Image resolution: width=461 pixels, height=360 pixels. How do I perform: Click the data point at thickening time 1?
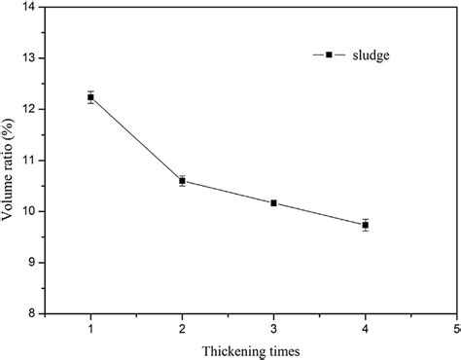tap(90, 97)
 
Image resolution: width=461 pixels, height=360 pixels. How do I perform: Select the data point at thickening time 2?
tap(182, 180)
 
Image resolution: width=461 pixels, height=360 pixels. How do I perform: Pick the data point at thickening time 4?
tap(365, 225)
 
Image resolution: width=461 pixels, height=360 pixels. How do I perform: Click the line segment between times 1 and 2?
tap(136, 139)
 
